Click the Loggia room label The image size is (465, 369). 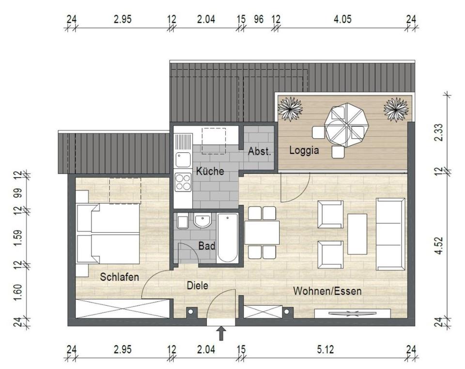point(304,150)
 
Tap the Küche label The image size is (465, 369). point(210,171)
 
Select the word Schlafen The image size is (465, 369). point(120,277)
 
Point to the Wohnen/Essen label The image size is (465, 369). point(327,291)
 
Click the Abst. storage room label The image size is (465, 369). point(260,151)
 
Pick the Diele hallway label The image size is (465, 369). point(198,286)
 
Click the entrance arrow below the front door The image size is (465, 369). point(221,334)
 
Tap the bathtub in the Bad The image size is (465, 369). point(228,238)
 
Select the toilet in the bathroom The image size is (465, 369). point(183,222)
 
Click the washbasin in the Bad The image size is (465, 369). point(202,221)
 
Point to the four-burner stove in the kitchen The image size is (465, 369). point(183,182)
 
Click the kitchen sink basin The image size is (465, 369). point(183,160)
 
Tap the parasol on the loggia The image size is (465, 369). point(346,125)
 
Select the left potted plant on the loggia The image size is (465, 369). point(290,109)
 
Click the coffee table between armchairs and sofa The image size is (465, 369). point(357,234)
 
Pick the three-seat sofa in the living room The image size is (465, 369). point(390,234)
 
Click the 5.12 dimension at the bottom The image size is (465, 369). point(325,350)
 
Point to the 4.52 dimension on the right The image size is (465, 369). point(439,245)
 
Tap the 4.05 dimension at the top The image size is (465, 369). point(342,19)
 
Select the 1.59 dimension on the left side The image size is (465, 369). point(18,238)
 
